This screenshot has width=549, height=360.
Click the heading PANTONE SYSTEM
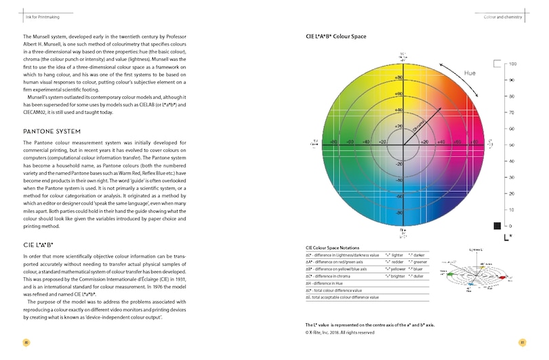coord(52,131)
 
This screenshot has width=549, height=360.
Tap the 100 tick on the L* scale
coord(513,64)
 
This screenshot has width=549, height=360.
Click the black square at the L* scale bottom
coord(497,225)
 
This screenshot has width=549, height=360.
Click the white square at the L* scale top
coord(497,64)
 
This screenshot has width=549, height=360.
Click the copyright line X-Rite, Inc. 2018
coord(340,332)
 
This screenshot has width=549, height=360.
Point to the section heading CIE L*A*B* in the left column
coord(38,243)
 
